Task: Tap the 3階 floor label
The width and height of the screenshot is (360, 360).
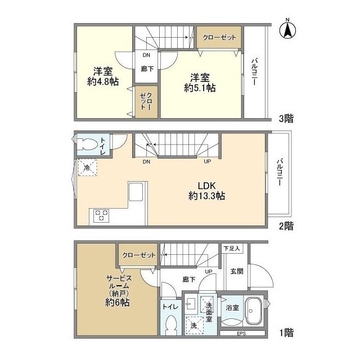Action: point(286,119)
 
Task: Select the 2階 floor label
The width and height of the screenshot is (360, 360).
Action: point(286,226)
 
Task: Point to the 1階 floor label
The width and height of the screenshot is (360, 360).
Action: point(286,332)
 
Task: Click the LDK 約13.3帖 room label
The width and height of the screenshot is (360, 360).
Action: point(206,191)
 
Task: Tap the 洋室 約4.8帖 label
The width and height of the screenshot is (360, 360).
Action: point(103,76)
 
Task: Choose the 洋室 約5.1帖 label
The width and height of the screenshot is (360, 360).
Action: point(200,83)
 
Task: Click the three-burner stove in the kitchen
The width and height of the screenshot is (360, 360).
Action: point(101,215)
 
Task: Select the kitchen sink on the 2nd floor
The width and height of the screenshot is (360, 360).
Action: point(136,192)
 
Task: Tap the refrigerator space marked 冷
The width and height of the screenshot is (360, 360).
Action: point(88,168)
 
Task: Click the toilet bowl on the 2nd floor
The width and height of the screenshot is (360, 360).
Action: point(87,145)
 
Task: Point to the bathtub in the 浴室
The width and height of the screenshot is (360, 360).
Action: point(254,311)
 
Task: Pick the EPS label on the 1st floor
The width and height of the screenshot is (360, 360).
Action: point(241,334)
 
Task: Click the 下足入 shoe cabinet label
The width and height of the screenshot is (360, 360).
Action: point(232,248)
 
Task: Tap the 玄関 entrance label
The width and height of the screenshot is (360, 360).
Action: point(237,271)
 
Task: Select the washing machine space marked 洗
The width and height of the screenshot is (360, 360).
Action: point(195,325)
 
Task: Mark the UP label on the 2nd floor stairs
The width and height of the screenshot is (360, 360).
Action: point(208,161)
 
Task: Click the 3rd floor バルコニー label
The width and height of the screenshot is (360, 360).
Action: point(254,72)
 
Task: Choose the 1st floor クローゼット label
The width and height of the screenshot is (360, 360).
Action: point(139,255)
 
